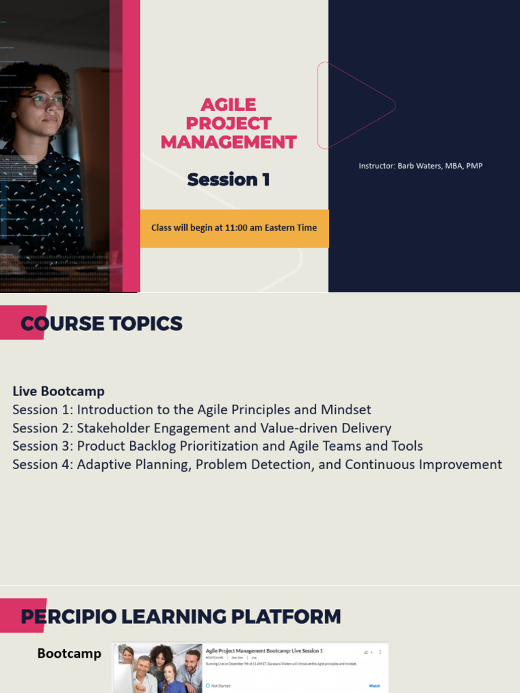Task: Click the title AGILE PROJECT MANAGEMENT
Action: click(228, 123)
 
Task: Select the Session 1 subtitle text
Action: click(228, 179)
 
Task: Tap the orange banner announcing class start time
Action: click(234, 228)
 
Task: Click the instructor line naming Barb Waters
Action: click(420, 166)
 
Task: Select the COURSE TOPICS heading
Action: click(102, 323)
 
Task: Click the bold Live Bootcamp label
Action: click(59, 391)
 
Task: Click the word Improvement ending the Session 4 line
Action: click(458, 464)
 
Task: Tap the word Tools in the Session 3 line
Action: click(407, 446)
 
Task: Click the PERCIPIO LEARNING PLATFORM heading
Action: click(181, 617)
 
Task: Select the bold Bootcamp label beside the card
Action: click(69, 653)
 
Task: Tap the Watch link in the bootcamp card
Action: click(374, 686)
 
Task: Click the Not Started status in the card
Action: click(220, 686)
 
